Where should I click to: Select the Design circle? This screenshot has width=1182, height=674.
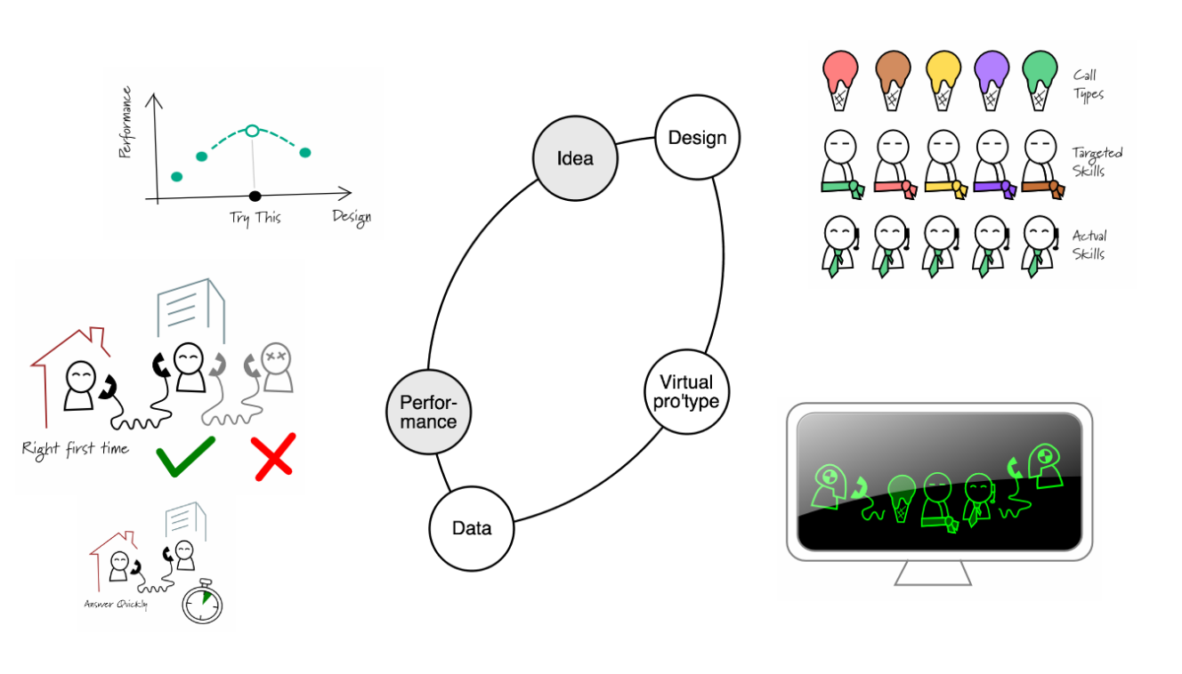(x=697, y=138)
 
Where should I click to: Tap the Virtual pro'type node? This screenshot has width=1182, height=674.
(x=686, y=391)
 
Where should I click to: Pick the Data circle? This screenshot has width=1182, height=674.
(x=472, y=528)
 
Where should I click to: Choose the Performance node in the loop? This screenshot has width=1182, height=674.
(x=428, y=412)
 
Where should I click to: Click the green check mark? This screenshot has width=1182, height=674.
(x=185, y=455)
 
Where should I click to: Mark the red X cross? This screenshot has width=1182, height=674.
(x=273, y=457)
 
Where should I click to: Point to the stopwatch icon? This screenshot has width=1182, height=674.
(x=202, y=602)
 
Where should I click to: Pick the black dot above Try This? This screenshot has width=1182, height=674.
(x=255, y=196)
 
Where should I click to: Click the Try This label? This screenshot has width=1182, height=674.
(x=255, y=217)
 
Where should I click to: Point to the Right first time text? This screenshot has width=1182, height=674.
(x=76, y=449)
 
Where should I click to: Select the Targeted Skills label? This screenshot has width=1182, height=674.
(x=1097, y=161)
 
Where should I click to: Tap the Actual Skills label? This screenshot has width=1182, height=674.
(x=1089, y=245)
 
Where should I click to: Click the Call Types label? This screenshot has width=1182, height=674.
(x=1088, y=84)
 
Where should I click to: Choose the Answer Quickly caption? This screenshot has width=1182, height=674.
(x=116, y=605)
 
